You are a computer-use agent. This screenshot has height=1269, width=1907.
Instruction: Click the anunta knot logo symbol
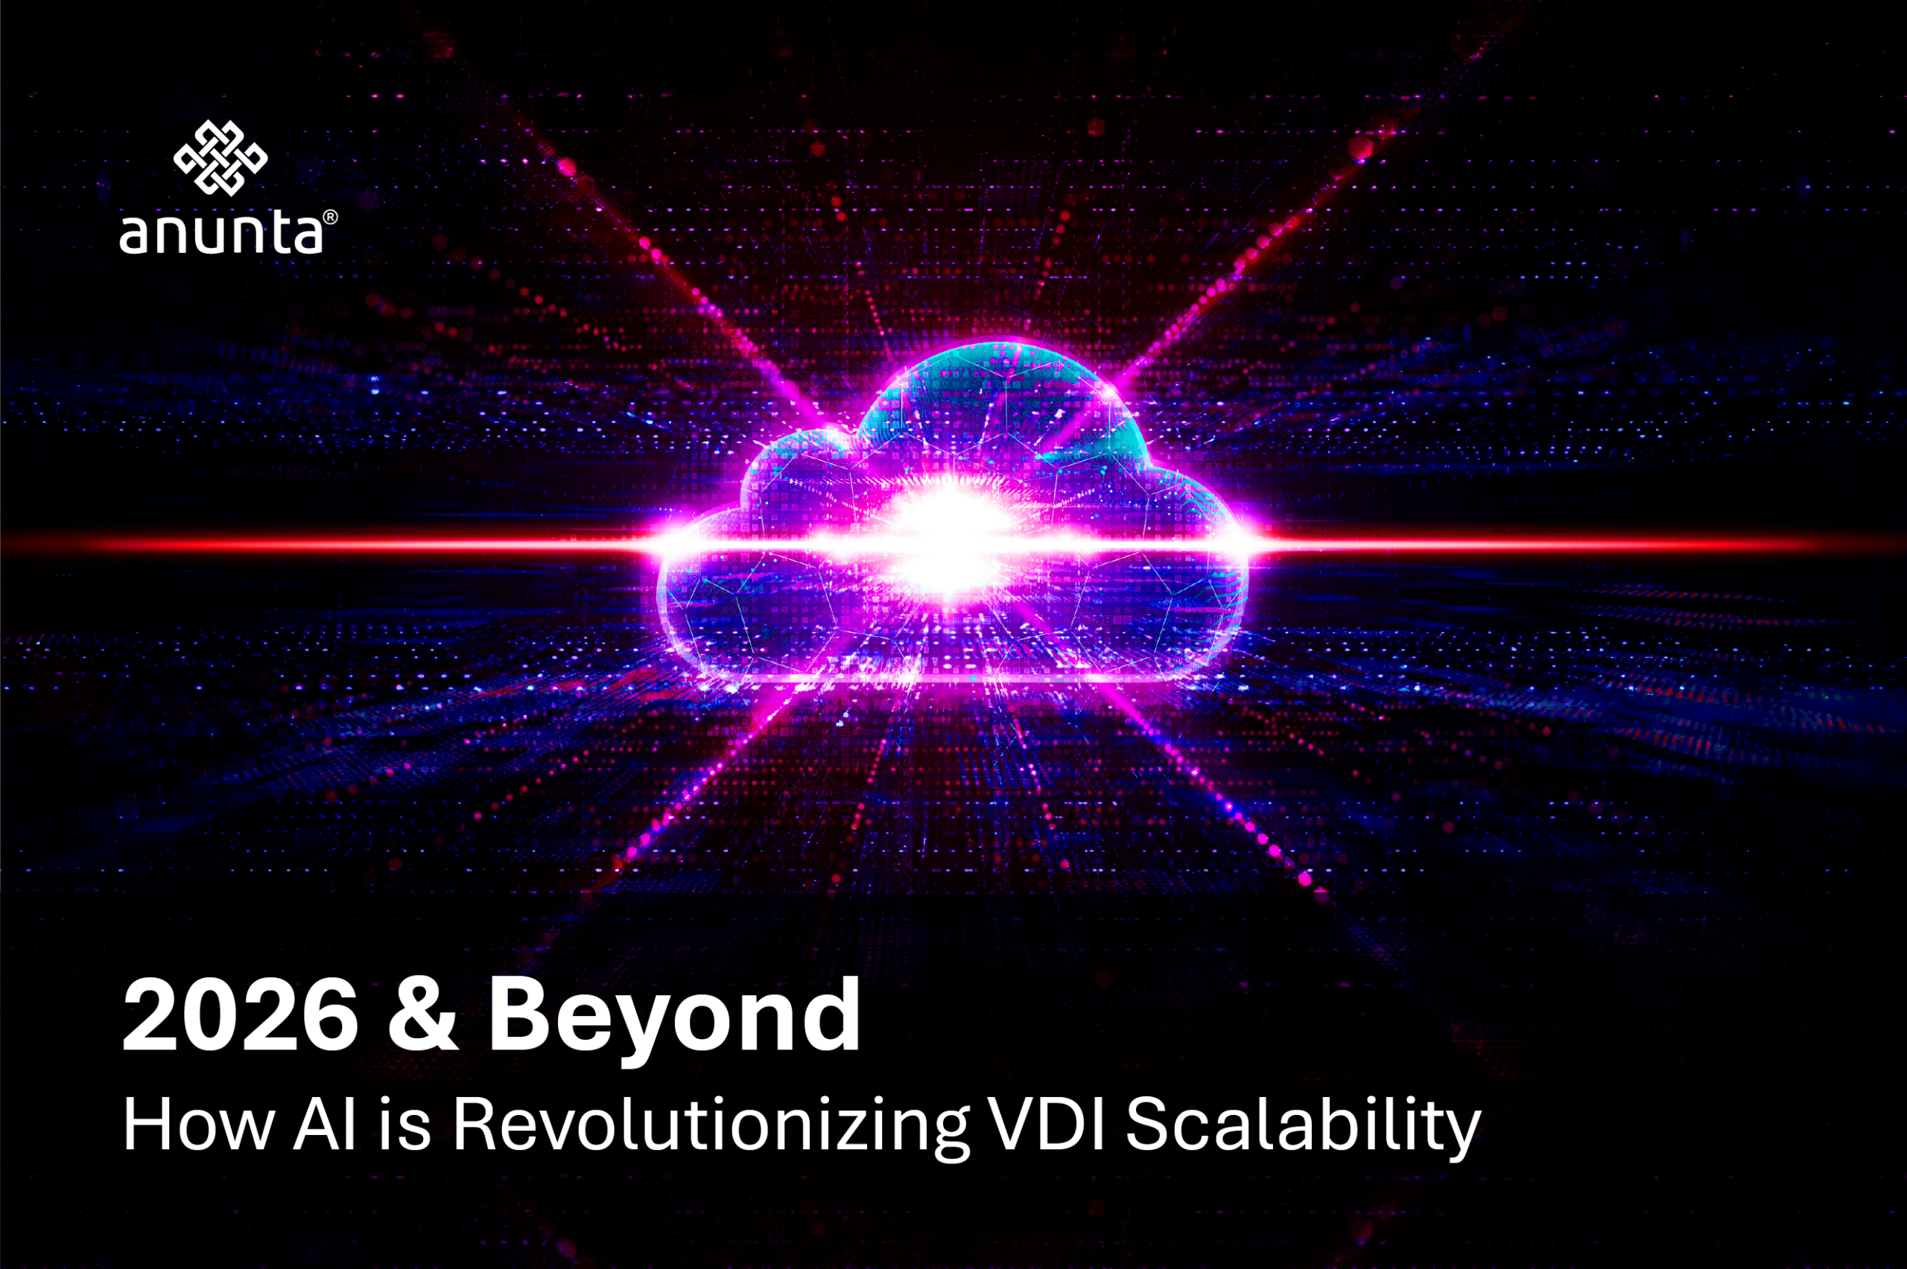coord(220,158)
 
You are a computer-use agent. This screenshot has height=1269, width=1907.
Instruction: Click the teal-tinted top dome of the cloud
coord(1004,397)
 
